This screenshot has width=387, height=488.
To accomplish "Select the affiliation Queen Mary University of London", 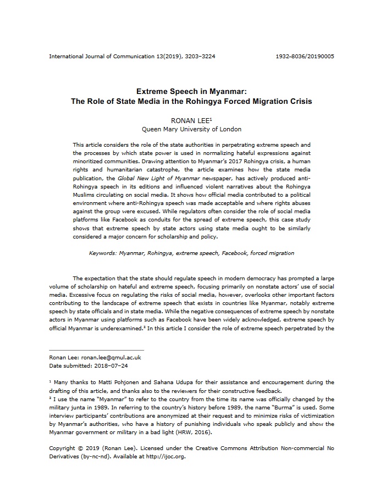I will tap(192, 129).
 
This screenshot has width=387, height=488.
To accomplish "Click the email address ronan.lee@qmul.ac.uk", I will tap(110, 357).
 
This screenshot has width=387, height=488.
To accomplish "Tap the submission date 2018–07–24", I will tap(111, 365).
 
